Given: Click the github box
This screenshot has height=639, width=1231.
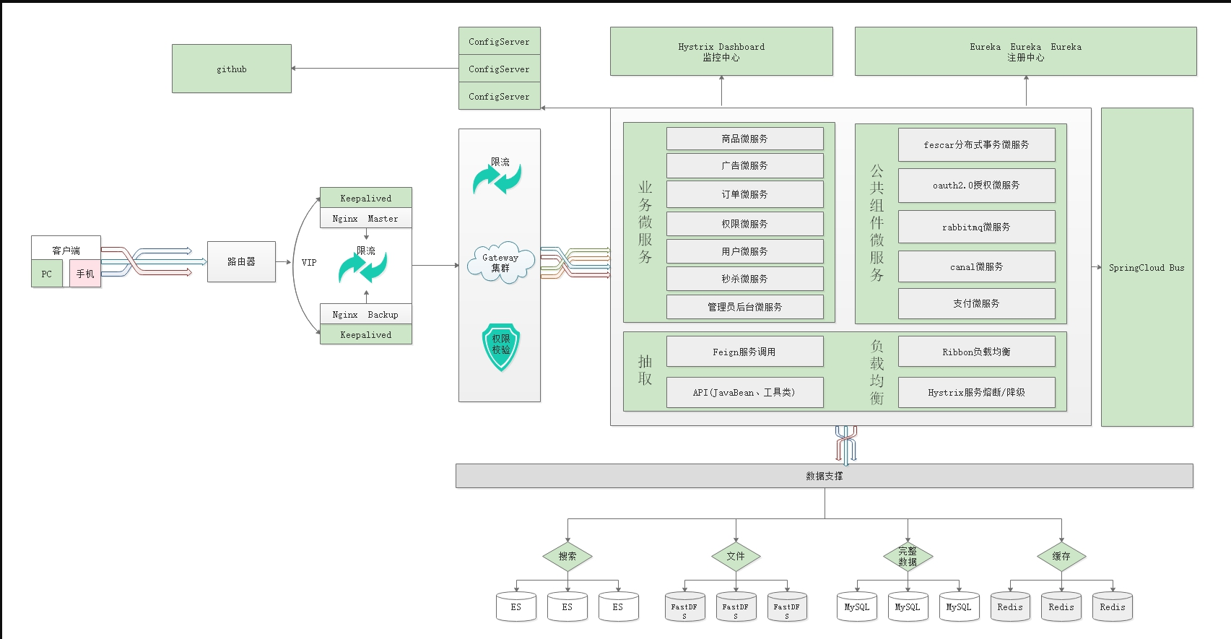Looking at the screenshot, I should click(x=232, y=69).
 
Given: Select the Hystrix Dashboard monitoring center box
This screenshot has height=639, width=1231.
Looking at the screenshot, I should click(x=721, y=51).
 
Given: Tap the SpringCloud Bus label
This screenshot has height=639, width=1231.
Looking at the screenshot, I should click(x=1147, y=268).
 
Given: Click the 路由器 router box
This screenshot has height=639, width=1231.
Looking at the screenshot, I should click(x=241, y=261).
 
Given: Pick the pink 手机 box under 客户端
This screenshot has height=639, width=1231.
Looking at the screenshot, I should click(x=85, y=274).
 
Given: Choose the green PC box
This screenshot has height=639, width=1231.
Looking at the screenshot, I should click(x=47, y=274).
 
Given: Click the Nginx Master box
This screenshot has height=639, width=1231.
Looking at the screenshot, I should click(x=365, y=219).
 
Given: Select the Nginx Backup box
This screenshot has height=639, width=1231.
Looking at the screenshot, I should click(x=365, y=314).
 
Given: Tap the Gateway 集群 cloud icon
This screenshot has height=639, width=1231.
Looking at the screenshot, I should click(x=500, y=263).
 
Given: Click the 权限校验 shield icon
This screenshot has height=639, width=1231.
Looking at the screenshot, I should click(x=501, y=346).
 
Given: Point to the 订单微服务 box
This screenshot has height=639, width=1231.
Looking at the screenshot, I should click(x=744, y=194).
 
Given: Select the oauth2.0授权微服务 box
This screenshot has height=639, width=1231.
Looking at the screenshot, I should click(x=976, y=186).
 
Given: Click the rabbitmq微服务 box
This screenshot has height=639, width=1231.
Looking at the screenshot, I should click(x=976, y=227).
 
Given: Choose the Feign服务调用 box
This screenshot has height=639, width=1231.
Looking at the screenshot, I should click(x=744, y=352).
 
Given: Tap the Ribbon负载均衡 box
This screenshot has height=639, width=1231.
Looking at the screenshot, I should click(x=976, y=352).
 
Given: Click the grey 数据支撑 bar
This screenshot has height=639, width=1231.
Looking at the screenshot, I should click(x=824, y=476).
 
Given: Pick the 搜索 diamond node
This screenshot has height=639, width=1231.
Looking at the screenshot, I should click(x=567, y=556).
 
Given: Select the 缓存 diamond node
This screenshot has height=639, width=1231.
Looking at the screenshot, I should click(x=1061, y=556).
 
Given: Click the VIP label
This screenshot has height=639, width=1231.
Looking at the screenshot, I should click(x=309, y=262).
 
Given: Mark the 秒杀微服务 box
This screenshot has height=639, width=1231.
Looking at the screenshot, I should click(x=744, y=279).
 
